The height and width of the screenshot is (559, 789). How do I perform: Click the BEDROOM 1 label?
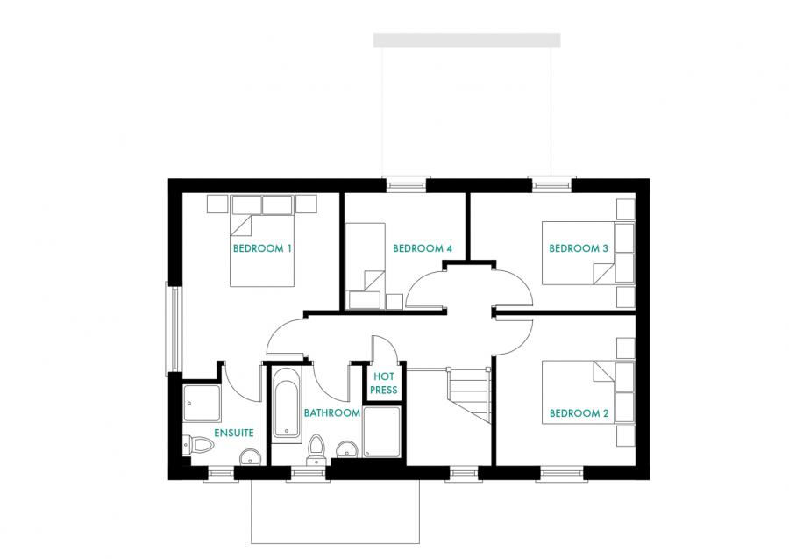(x=262, y=248)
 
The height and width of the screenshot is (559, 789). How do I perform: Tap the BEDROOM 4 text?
(x=422, y=248)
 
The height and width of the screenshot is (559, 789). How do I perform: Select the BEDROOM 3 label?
(x=578, y=248)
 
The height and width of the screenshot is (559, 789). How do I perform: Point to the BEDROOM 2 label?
(x=578, y=413)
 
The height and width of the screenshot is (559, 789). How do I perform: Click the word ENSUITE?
(x=234, y=433)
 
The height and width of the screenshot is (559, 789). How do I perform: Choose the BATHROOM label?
(x=332, y=412)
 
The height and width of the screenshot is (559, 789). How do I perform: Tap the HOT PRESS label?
(x=384, y=383)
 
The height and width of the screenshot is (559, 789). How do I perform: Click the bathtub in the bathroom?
(x=287, y=404)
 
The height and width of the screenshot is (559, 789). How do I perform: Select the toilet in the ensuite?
(x=198, y=446)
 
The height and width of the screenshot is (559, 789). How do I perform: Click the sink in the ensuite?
(x=251, y=455)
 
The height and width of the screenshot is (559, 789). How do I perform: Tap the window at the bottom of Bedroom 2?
(x=562, y=475)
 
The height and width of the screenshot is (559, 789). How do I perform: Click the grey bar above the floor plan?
(x=466, y=40)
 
